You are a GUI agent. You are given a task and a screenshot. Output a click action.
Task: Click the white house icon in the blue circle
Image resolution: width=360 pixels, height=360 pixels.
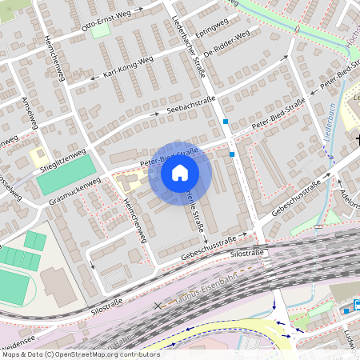click(180, 173)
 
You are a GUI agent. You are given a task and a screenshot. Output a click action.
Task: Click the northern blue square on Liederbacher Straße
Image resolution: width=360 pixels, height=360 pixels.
click(226, 122)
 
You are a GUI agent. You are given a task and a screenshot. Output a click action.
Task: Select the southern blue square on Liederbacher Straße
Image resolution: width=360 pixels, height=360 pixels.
click(232, 153)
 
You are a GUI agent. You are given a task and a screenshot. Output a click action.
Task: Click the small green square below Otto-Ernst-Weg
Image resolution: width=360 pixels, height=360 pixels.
click(100, 33)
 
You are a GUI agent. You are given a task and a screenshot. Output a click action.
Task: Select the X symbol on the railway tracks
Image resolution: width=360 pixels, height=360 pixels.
click(157, 304)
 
